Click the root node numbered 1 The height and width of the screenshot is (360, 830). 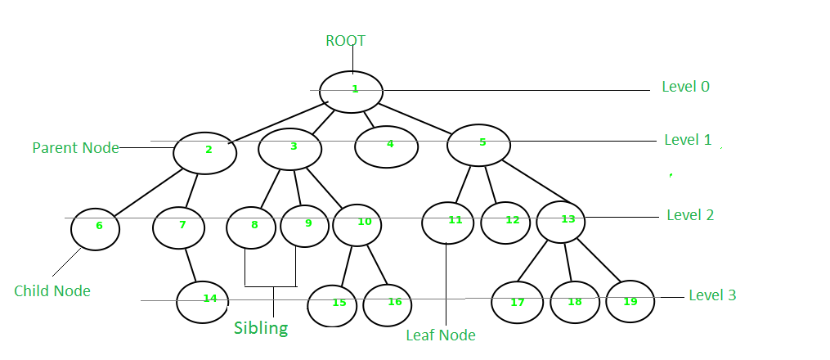pos(352,91)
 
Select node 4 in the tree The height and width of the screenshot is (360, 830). pos(387,146)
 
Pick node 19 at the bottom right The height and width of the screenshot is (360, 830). pos(630,301)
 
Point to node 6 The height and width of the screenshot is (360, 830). pos(96,228)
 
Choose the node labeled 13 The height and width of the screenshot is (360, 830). pos(561,221)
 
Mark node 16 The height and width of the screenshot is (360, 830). pos(388,304)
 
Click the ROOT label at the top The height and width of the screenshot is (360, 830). pos(345,41)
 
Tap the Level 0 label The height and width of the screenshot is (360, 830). pos(685,86)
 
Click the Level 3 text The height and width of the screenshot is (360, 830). pos(712,295)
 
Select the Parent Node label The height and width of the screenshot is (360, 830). pos(75,148)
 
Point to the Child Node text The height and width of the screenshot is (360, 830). pos(52,291)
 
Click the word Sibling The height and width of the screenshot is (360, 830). pos(261,329)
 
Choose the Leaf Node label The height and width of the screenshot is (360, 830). pos(440,335)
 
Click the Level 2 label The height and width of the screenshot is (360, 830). pos(689,215)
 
